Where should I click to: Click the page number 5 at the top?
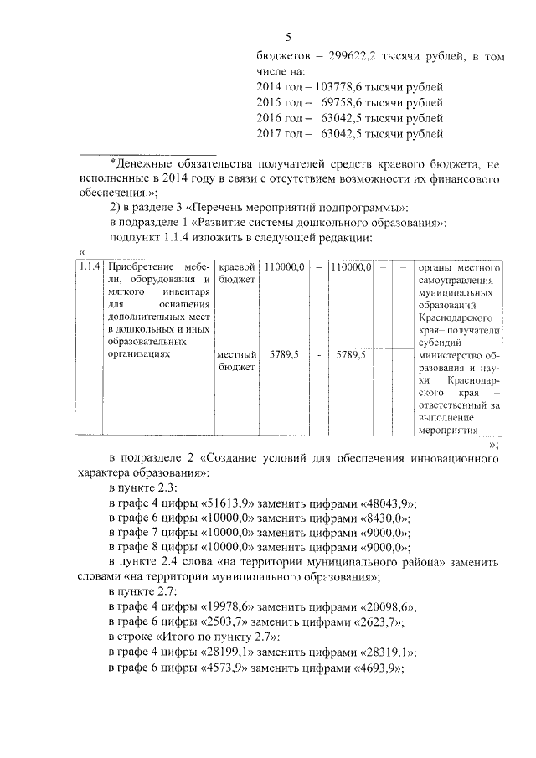pos(288,37)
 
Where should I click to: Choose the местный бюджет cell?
pos(235,361)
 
